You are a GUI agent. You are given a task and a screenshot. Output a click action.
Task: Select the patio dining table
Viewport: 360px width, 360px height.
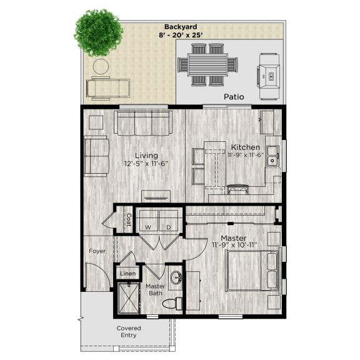coord(207,64)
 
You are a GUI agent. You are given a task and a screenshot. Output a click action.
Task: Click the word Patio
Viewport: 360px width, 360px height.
coord(234,97)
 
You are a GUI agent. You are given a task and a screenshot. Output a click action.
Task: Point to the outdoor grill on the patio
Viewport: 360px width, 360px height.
coord(270,76)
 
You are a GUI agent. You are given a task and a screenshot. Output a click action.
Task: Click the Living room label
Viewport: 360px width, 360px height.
coord(147,156)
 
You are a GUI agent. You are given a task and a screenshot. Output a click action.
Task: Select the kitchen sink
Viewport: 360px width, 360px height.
coord(273,161)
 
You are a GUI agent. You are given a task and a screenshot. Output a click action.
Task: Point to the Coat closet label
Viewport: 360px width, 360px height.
coord(128,220)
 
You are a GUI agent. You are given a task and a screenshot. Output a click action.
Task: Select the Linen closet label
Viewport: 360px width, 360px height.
coord(127,274)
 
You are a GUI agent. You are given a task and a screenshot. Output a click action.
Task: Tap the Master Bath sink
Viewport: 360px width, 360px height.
coord(175,277)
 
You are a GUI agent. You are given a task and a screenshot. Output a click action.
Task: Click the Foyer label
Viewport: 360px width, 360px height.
coord(97,251)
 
